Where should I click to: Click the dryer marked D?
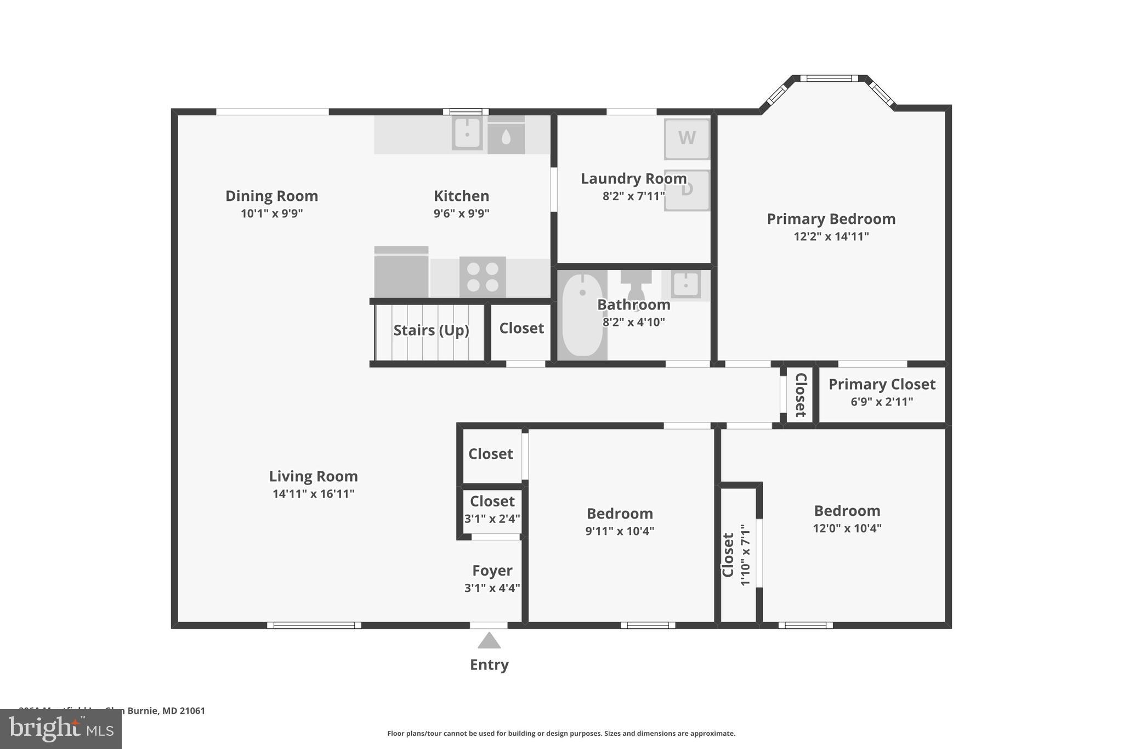click(x=687, y=190)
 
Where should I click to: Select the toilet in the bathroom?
click(x=636, y=284)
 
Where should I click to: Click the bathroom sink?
click(x=685, y=284)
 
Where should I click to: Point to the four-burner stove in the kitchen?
click(x=483, y=277)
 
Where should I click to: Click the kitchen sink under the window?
click(x=467, y=133)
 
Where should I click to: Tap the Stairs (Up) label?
click(x=431, y=330)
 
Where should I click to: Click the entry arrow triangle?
click(x=489, y=641)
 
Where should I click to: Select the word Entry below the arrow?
click(x=489, y=664)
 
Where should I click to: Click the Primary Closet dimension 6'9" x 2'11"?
click(x=882, y=402)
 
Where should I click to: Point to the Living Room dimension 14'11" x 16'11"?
click(x=313, y=494)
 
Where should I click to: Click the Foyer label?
click(x=492, y=571)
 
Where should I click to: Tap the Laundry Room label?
click(x=633, y=179)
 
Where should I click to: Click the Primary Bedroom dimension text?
click(x=831, y=236)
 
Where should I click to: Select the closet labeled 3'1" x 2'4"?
click(x=492, y=510)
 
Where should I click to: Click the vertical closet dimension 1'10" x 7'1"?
click(x=745, y=554)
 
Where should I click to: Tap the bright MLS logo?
click(x=61, y=729)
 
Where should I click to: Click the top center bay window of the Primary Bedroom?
click(x=829, y=78)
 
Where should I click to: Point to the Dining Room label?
click(x=271, y=196)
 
